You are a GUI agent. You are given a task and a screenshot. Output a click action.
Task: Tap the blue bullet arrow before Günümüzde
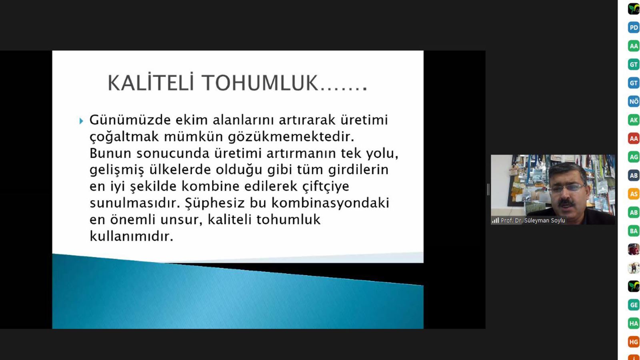tap(81, 121)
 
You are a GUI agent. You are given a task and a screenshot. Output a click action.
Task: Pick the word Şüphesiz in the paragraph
tap(214, 202)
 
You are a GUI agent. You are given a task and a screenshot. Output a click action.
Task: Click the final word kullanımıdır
tap(132, 236)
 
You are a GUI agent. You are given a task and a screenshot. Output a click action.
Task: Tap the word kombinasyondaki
tap(330, 203)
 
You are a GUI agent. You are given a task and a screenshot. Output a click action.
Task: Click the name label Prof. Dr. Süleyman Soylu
tap(532, 220)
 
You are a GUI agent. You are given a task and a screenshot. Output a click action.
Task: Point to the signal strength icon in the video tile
tap(495, 220)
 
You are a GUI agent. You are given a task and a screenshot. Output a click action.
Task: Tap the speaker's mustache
tap(566, 202)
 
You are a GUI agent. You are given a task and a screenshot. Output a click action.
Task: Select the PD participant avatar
tap(634, 28)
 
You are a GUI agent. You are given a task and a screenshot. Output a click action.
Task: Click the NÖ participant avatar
tap(634, 102)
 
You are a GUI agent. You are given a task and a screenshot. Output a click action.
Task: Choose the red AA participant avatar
tap(634, 138)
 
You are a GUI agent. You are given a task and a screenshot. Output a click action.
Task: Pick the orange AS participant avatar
tap(634, 194)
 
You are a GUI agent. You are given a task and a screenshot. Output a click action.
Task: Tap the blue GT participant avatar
tap(634, 83)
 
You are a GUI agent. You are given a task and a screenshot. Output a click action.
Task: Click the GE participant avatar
tap(634, 305)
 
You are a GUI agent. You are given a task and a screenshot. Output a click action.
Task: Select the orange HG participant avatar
tap(634, 342)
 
